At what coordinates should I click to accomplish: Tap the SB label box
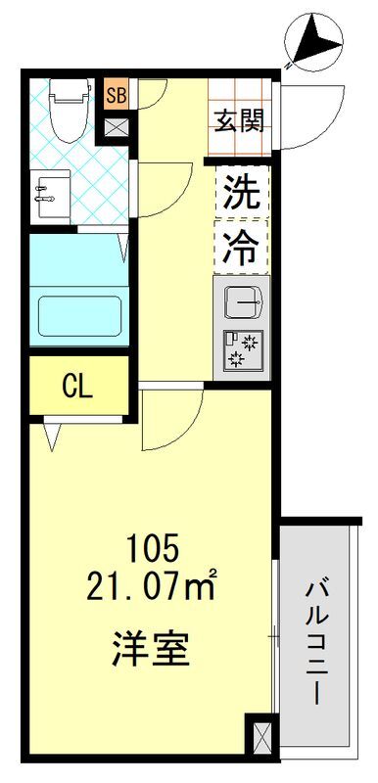coord(117,95)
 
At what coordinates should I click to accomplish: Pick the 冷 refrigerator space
coord(241,246)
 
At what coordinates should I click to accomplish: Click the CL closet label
coord(77,386)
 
